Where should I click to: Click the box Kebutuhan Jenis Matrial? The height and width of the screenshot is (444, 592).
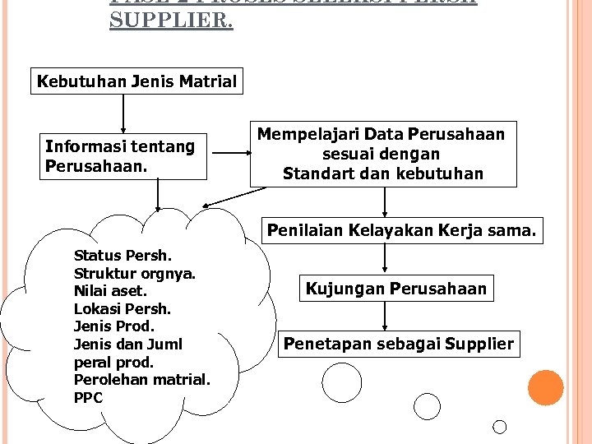pos(136,82)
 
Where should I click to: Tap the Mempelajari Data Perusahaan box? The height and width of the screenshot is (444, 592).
pos(382,154)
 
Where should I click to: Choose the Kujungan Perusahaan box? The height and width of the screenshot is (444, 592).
pos(396,289)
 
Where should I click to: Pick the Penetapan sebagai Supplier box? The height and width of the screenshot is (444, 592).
pos(399,343)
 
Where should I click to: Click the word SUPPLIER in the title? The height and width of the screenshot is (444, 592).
pos(171,21)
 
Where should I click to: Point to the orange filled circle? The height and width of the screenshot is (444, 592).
pos(545,388)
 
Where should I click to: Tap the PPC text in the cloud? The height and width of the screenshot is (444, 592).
pos(88,398)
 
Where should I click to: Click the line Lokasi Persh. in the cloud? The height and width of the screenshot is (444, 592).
pos(123,309)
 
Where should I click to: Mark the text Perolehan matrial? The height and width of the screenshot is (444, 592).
pos(142,380)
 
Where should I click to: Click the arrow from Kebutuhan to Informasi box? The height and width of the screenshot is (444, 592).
pos(123,113)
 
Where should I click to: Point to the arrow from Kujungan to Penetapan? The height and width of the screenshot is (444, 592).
pos(384,317)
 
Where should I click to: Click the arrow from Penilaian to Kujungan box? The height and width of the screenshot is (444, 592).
pos(384,260)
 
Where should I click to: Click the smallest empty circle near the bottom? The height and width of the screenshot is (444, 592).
pos(499,426)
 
